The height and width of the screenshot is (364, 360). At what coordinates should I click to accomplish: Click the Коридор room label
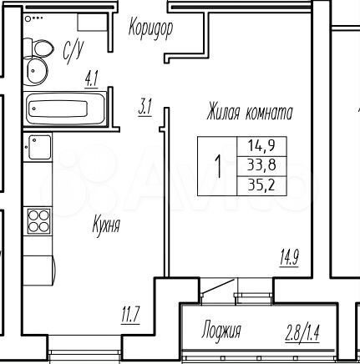150,29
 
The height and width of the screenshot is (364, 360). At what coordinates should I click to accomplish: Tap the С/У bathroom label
72,52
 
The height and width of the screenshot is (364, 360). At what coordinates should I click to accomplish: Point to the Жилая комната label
250,110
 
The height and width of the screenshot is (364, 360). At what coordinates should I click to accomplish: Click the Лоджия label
221,331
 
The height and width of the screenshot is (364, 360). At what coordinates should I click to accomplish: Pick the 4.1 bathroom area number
91,80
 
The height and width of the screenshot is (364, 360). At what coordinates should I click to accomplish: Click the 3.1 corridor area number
145,106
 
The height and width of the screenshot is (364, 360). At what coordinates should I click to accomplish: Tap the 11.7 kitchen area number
129,315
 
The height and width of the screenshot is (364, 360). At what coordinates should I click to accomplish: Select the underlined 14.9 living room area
289,255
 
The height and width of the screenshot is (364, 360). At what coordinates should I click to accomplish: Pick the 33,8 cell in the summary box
260,165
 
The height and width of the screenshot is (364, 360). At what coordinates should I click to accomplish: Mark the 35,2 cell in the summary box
260,185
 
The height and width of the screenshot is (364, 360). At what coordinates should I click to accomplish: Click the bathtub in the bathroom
65,109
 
